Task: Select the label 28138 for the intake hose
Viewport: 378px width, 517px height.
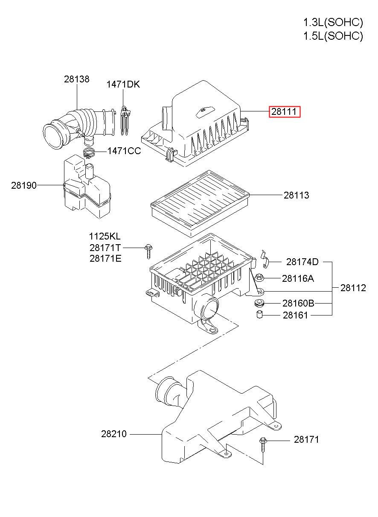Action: [x=77, y=79]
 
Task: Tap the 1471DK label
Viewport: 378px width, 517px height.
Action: [x=123, y=85]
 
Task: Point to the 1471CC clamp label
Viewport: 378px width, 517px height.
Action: [x=124, y=151]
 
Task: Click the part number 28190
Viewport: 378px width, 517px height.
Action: [x=24, y=185]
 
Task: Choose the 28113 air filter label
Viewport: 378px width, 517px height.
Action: [x=296, y=196]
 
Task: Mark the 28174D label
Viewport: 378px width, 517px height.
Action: [x=302, y=262]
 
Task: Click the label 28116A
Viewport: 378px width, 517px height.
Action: [x=297, y=279]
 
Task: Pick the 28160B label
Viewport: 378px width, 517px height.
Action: [x=298, y=304]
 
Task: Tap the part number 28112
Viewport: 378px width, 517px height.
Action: [x=353, y=288]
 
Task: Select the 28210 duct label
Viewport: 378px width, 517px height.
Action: [x=114, y=434]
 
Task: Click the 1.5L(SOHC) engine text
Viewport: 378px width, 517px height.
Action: [x=333, y=36]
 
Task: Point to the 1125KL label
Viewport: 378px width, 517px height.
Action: [x=105, y=237]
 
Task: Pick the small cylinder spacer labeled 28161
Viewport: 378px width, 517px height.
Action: [x=259, y=315]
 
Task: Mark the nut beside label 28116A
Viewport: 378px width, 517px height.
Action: [x=259, y=279]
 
